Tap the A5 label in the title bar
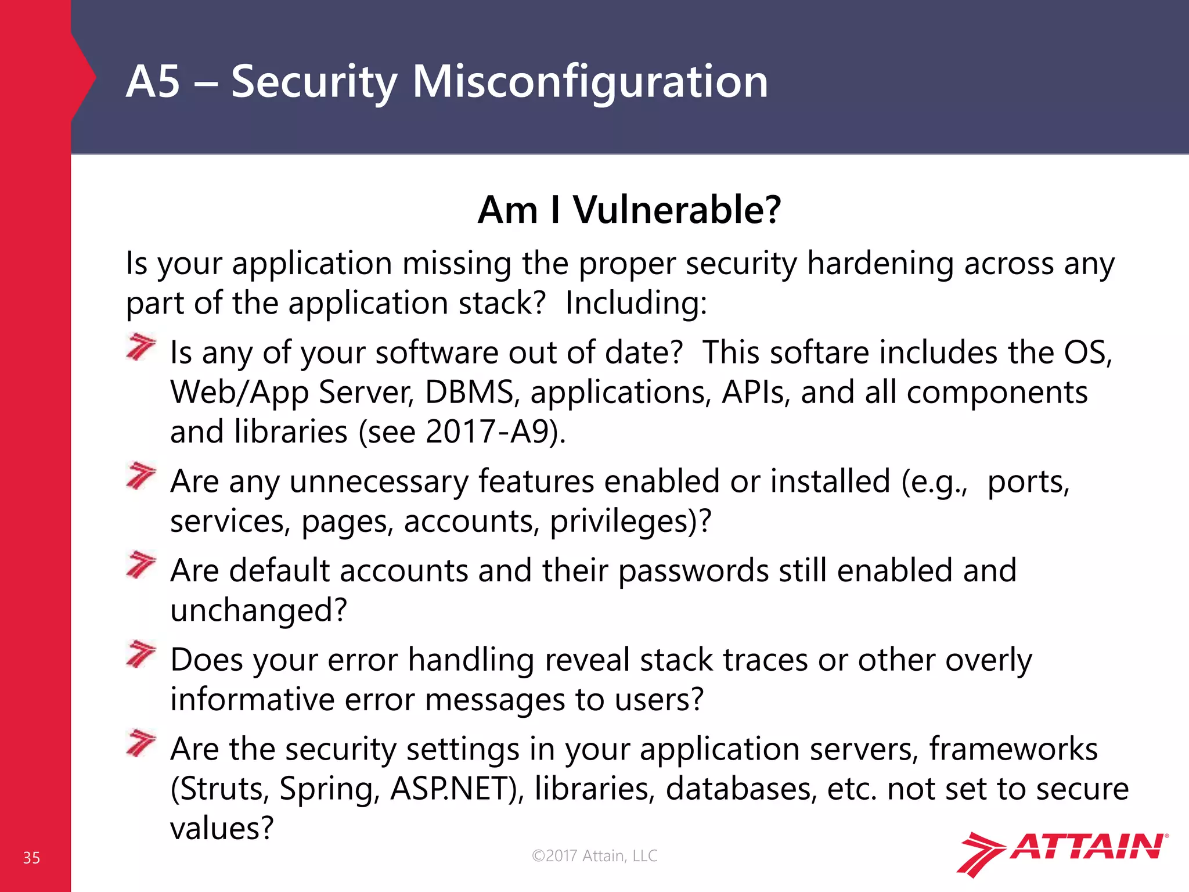tap(153, 82)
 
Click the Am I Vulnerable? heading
tap(629, 210)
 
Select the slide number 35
tap(31, 858)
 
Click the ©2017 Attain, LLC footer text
tap(594, 855)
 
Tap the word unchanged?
tap(258, 610)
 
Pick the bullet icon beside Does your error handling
tap(141, 654)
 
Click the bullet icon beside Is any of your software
tap(141, 347)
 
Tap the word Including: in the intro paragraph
tap(636, 303)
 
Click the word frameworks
tap(1013, 749)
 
